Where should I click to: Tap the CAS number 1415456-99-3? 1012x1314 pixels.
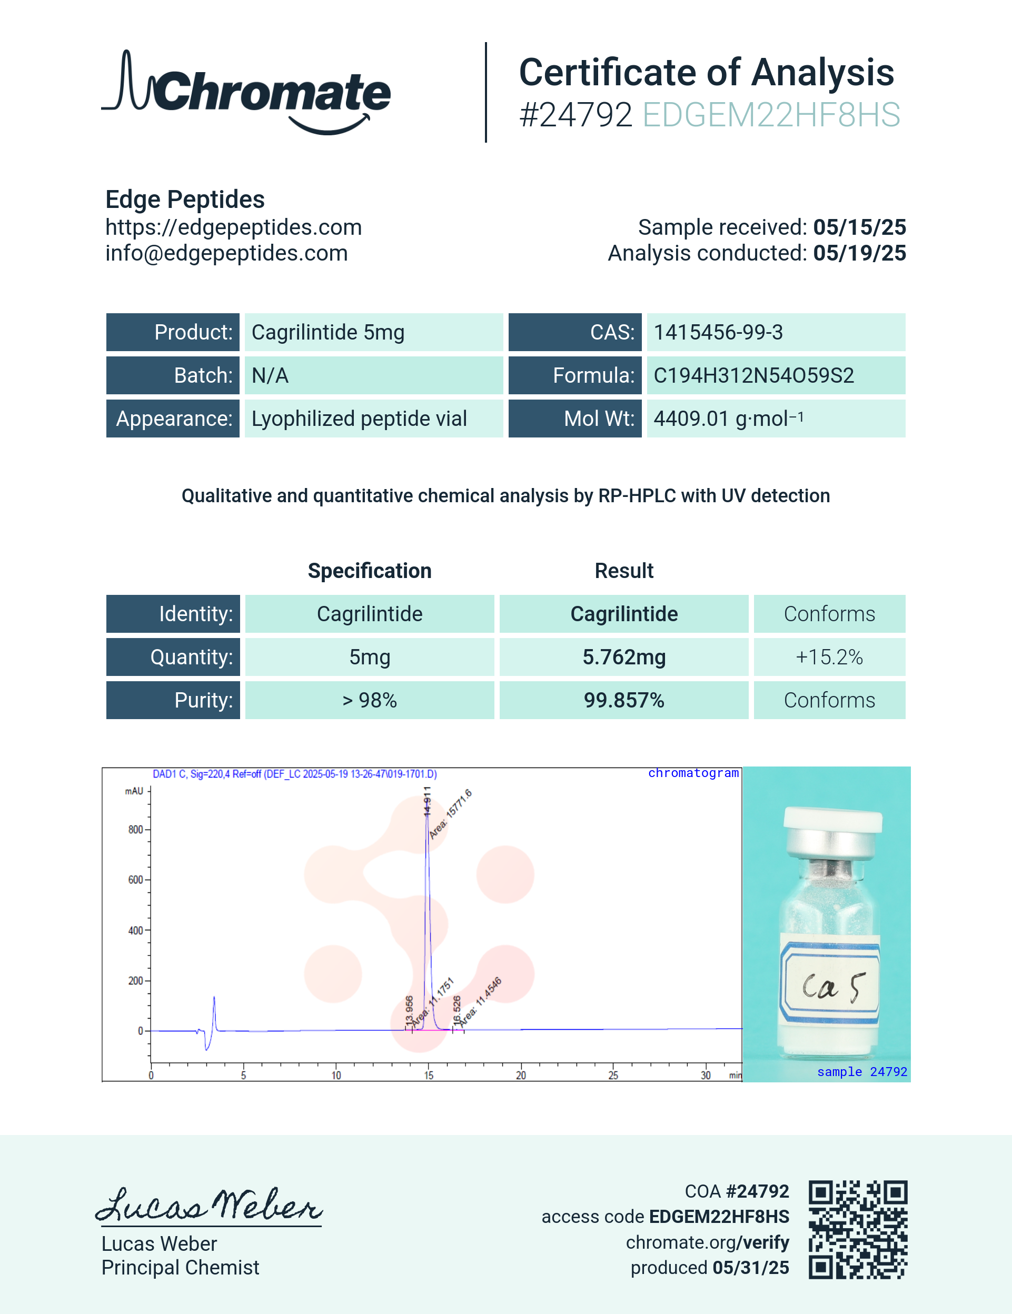click(718, 332)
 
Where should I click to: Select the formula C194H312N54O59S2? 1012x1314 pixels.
click(753, 375)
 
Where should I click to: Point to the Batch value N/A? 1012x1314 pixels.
click(270, 375)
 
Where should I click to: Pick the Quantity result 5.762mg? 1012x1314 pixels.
click(624, 657)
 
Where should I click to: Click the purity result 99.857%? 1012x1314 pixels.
click(624, 700)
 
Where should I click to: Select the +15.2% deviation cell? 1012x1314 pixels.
click(829, 657)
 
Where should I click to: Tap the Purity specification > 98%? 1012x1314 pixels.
click(370, 700)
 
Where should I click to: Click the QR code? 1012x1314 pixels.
click(857, 1229)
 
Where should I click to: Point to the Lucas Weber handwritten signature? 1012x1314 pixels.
click(209, 1205)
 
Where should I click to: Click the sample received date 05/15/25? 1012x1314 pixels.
click(859, 227)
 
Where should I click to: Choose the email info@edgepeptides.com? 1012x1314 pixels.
click(226, 253)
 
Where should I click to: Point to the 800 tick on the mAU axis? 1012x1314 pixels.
click(136, 830)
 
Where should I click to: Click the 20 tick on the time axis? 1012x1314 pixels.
click(520, 1074)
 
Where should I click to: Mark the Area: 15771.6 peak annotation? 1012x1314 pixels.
click(451, 813)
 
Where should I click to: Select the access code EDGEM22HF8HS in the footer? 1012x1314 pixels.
click(719, 1217)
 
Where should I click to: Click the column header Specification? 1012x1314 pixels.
click(370, 570)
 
